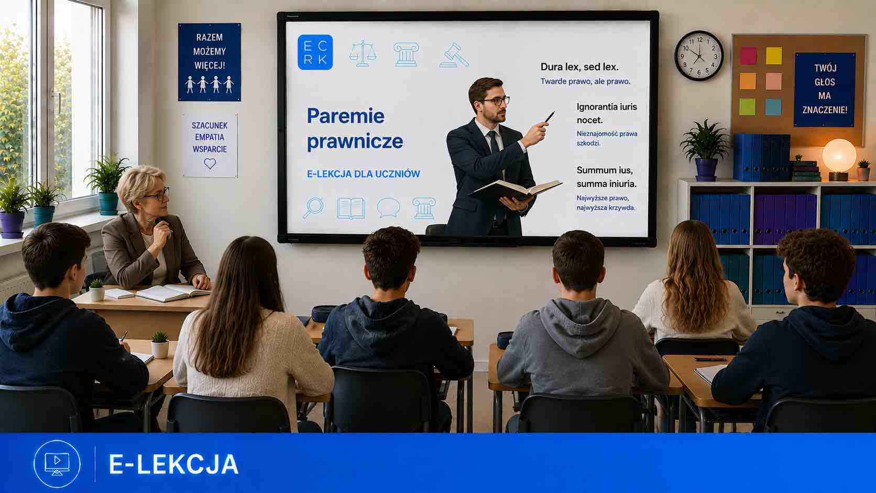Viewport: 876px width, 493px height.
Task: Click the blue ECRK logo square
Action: (x=315, y=52)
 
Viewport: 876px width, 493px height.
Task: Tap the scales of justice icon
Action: (x=363, y=53)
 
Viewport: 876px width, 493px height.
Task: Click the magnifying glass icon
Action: (x=313, y=207)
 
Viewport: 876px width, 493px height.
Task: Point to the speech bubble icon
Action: (x=389, y=207)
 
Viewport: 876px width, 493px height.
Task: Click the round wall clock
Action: (x=699, y=56)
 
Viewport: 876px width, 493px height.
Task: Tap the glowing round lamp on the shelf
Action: (x=839, y=156)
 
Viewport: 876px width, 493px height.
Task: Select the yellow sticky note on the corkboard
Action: (x=773, y=56)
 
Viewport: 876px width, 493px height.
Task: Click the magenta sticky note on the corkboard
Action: (x=749, y=56)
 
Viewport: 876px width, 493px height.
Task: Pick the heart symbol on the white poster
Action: (x=210, y=163)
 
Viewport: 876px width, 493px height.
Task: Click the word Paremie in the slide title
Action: (x=346, y=116)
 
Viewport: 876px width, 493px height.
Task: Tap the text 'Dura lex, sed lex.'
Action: (x=579, y=67)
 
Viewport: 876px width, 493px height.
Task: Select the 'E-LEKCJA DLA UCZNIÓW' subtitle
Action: (x=363, y=174)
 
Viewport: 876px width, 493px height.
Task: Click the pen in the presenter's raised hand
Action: (x=550, y=116)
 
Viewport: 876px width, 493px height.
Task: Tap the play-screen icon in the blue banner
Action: (x=57, y=464)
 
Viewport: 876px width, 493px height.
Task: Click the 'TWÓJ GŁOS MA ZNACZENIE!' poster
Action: (x=825, y=90)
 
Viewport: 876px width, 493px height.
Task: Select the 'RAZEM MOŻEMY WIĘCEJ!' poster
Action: (x=210, y=62)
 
